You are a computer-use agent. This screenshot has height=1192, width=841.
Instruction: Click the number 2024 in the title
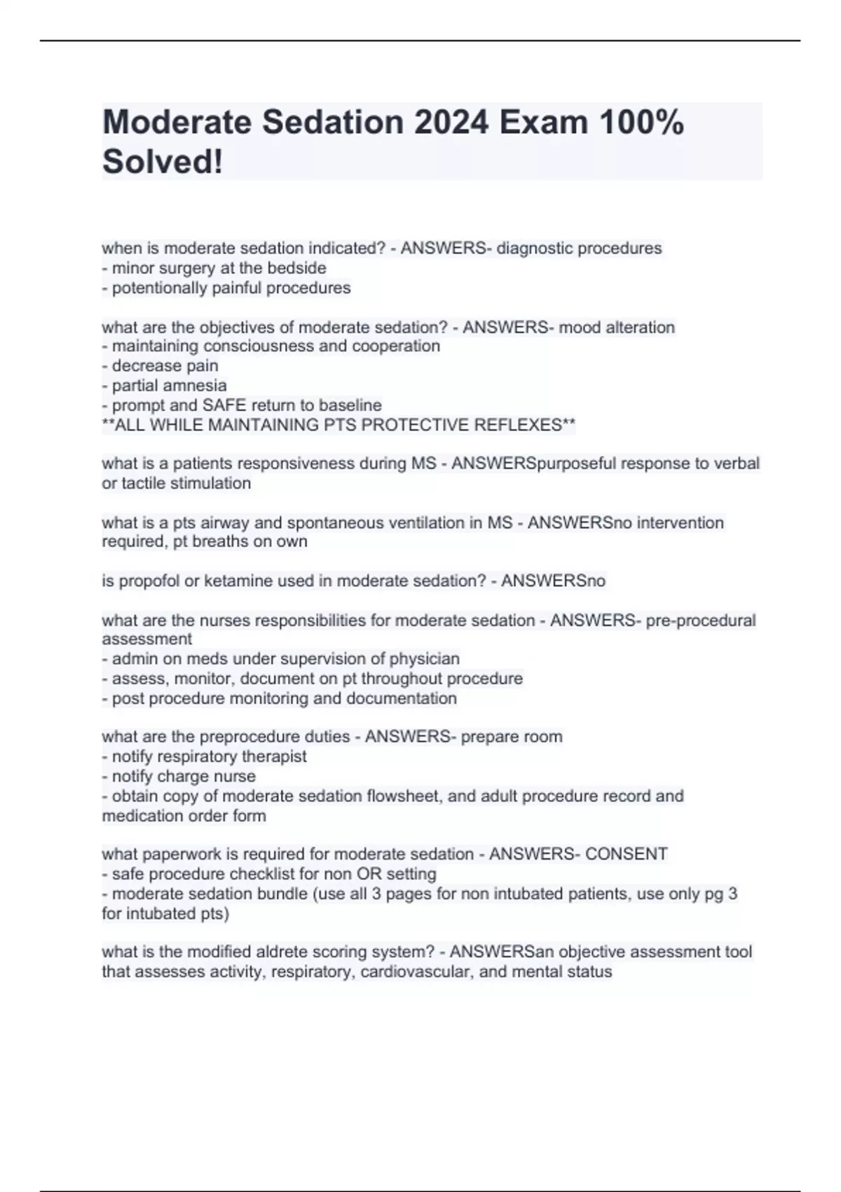point(451,123)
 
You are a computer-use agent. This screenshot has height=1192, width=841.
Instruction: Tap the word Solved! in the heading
point(163,162)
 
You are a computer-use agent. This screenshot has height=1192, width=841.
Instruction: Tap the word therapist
point(274,756)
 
